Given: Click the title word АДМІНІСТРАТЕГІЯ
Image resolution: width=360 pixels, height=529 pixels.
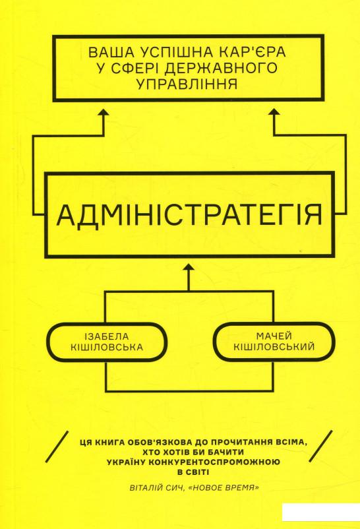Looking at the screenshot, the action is [189, 215].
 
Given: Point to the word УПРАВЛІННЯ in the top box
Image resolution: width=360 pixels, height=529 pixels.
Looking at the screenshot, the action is [188, 84].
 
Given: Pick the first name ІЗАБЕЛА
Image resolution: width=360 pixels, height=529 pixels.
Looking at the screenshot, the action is [107, 336].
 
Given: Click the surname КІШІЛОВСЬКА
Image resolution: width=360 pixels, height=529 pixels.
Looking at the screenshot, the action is [107, 347].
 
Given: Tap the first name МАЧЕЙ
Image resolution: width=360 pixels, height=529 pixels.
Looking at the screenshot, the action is [274, 336].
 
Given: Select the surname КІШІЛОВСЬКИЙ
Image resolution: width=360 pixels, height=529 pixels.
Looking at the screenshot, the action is [274, 346].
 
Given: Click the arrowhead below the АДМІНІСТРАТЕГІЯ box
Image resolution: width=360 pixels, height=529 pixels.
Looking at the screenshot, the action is [189, 269].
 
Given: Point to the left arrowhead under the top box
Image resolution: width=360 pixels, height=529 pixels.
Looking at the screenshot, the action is [104, 113].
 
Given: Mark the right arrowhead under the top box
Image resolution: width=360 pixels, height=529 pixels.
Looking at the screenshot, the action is [275, 113].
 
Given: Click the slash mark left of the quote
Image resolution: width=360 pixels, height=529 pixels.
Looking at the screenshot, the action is [57, 447].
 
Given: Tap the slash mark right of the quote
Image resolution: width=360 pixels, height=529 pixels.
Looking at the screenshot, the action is [322, 447].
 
